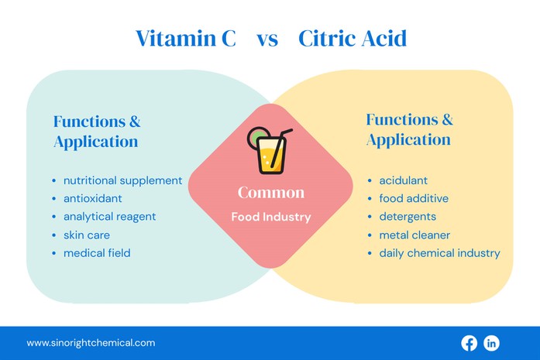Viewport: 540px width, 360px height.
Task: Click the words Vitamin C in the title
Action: point(186,39)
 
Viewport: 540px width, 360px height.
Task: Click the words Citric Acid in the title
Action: point(353,39)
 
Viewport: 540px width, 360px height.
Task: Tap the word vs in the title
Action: point(267,39)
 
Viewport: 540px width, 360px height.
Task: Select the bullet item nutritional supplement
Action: point(122,180)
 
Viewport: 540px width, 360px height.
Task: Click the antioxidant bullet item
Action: point(92,198)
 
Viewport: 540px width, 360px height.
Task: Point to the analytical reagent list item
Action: point(109,217)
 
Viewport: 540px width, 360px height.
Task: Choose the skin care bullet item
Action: point(86,235)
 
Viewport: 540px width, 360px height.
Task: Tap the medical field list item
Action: point(97,253)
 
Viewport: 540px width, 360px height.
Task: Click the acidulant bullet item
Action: point(403,180)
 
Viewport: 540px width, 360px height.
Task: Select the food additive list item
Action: point(413,198)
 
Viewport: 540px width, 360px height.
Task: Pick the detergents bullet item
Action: point(408,217)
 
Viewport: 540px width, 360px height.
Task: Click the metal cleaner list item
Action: point(414,235)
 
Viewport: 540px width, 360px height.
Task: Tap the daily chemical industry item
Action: point(439,253)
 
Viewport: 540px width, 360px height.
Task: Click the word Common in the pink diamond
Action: point(271,193)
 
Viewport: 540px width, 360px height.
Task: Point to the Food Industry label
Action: point(271,218)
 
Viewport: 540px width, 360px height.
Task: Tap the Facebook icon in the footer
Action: point(469,343)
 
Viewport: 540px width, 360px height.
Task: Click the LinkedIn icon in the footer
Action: point(491,343)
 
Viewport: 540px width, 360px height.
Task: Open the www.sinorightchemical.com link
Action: point(91,343)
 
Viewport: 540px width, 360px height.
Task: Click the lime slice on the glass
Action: point(256,137)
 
